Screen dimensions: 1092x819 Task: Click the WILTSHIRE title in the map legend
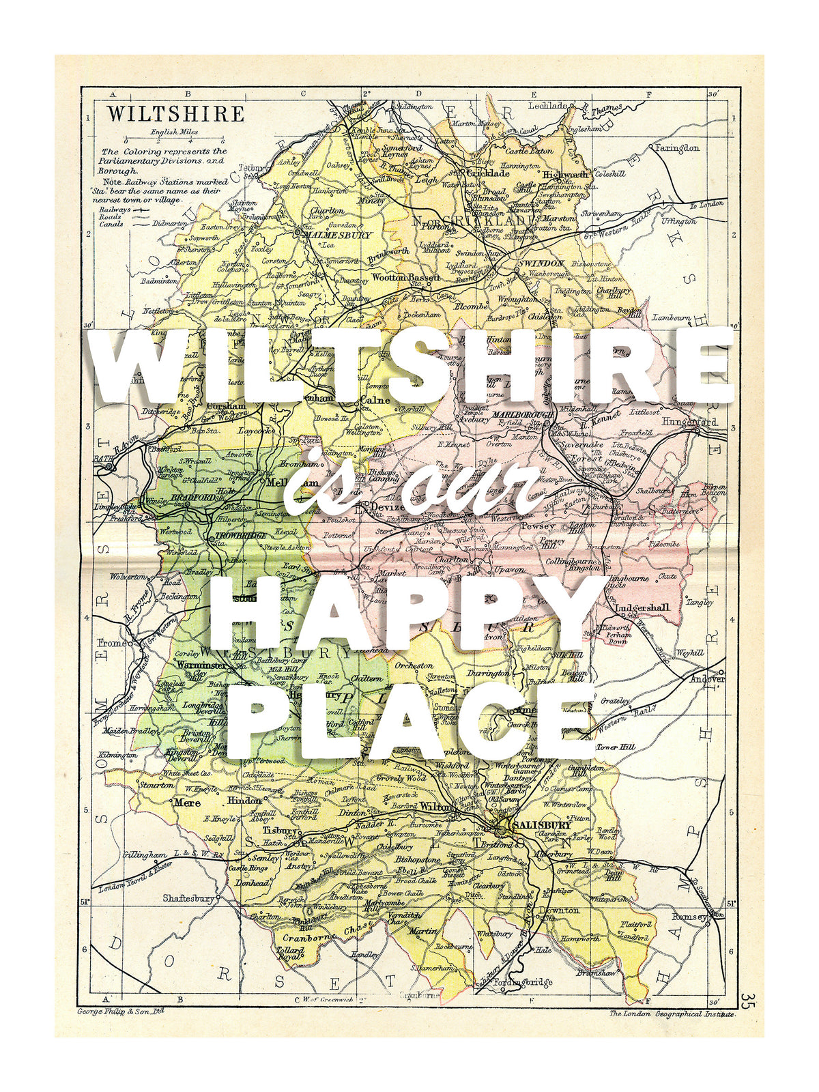[175, 113]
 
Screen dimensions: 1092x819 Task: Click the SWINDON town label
[541, 263]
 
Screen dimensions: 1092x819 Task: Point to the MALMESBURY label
[337, 235]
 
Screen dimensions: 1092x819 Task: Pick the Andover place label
[706, 679]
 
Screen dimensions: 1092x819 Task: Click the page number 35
[745, 1001]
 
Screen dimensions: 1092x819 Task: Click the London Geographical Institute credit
[672, 1014]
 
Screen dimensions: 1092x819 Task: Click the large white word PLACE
[409, 723]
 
